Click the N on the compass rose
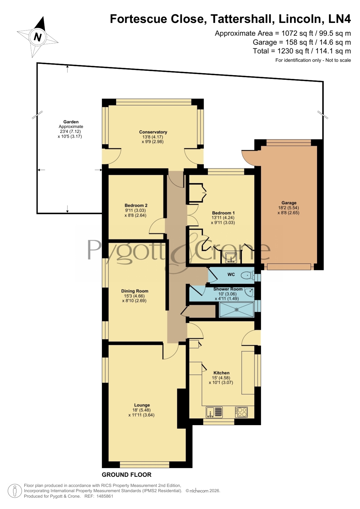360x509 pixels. pos(38,37)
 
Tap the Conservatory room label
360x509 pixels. pos(153,132)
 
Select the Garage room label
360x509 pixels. pos(289,203)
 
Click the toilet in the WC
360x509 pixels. pos(247,275)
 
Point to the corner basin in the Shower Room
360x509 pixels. pos(249,292)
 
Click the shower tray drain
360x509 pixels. pos(237,310)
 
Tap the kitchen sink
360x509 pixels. pos(214,412)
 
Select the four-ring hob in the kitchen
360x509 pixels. pos(241,412)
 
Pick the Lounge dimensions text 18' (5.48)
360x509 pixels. pos(142,410)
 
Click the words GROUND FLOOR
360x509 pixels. pos(126,475)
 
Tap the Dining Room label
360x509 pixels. pos(135,291)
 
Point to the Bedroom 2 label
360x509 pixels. pos(136,205)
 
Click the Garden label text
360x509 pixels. pos(71,122)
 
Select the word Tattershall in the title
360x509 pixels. pos(243,19)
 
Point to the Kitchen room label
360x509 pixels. pos(221,373)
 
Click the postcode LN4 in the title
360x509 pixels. pos(339,19)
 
